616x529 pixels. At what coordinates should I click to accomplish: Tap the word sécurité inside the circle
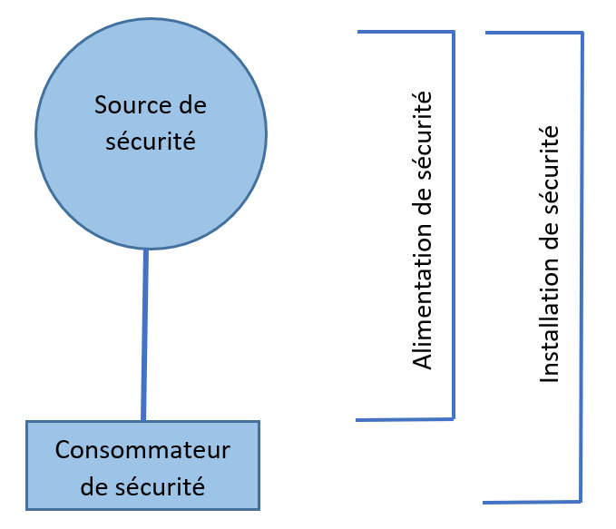151,142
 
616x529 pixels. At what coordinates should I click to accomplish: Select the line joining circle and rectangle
145,335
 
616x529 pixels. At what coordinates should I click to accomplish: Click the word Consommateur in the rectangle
142,450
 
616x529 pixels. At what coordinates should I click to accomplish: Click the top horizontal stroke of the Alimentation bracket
405,32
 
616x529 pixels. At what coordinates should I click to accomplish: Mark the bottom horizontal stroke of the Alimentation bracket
405,419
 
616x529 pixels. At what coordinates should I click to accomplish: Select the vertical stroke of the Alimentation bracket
453,227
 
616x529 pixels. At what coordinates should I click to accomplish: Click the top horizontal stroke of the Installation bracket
533,34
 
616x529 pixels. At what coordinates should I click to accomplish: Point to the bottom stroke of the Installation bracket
532,502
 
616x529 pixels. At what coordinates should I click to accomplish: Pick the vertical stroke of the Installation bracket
581,272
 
